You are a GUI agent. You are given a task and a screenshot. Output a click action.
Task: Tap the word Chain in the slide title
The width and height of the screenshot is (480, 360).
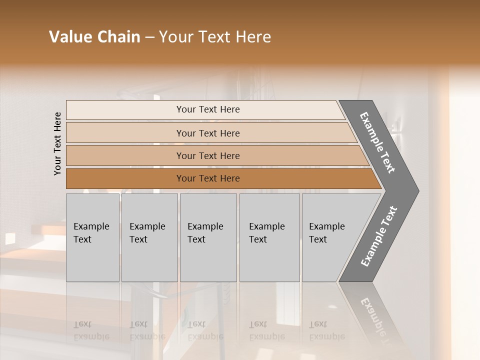[118, 37]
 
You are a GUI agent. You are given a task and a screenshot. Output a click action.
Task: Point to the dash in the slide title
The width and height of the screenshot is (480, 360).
[149, 37]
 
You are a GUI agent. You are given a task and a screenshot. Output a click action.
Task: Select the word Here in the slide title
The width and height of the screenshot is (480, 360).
[253, 37]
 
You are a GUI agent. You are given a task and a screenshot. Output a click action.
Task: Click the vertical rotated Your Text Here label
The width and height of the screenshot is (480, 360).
[57, 143]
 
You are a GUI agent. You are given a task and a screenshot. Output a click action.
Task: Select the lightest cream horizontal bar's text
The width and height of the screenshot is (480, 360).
[208, 109]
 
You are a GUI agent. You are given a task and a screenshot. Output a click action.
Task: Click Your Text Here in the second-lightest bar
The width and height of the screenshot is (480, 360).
[208, 133]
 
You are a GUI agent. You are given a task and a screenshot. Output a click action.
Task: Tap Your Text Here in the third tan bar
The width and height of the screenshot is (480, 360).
[208, 156]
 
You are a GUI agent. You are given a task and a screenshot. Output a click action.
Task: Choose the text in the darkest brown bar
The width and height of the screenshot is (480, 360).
[208, 178]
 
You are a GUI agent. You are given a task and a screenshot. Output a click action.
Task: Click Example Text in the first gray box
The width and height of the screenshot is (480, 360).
[91, 233]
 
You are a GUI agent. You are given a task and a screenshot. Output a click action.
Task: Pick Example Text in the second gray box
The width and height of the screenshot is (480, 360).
[147, 233]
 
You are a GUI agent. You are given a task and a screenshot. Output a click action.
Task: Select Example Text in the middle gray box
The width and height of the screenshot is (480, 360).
[205, 233]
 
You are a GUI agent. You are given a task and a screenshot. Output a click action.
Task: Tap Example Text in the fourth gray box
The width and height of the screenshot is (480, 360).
[266, 233]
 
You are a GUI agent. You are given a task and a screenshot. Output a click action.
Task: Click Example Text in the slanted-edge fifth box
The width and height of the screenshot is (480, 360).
[326, 233]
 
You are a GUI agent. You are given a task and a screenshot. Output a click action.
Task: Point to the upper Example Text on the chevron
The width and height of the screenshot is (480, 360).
[377, 142]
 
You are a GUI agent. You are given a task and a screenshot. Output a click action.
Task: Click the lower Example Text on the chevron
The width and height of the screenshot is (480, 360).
[379, 236]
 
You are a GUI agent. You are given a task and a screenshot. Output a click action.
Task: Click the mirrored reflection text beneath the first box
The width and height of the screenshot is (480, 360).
[91, 330]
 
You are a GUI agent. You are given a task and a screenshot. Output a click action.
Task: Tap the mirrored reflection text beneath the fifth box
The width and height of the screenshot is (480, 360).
[326, 330]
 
